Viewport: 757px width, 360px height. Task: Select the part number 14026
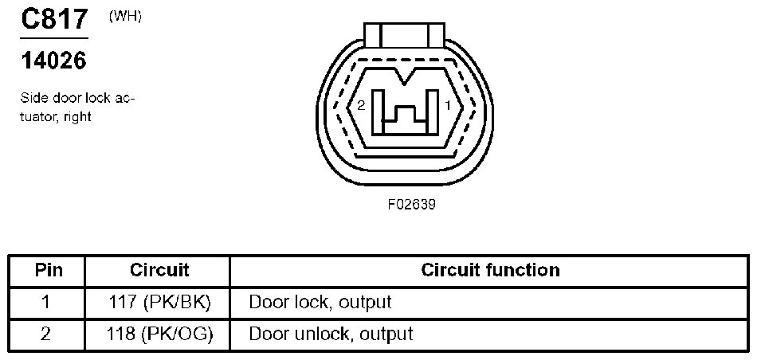53,61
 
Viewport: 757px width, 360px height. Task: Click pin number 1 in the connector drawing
448,105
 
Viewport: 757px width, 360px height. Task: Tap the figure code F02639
411,204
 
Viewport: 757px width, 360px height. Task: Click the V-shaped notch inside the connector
406,77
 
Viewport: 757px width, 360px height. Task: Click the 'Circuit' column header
159,270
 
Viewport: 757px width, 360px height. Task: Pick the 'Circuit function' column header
490,270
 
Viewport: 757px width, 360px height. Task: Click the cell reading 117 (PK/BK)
159,303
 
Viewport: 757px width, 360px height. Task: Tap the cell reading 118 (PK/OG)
159,334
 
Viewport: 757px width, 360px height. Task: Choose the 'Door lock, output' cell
320,303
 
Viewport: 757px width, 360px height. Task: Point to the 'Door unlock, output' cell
331,334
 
